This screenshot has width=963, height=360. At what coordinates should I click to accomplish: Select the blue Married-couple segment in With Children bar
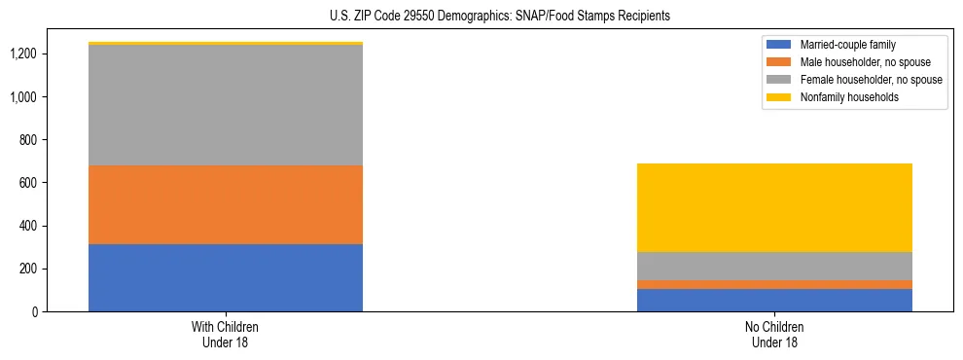click(x=226, y=277)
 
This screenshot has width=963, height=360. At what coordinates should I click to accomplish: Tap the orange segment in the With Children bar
click(x=226, y=204)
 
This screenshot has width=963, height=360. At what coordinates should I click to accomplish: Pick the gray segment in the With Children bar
click(x=226, y=105)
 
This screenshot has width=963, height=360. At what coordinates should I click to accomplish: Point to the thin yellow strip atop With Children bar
click(x=226, y=43)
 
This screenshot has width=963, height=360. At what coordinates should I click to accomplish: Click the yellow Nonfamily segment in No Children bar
click(x=774, y=207)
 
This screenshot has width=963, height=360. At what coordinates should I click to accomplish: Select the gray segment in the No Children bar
click(x=774, y=266)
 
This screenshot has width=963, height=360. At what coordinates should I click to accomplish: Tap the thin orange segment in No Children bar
click(x=774, y=284)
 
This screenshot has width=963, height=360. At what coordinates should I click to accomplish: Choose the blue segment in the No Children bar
click(x=774, y=300)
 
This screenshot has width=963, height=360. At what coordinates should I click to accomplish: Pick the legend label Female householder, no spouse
click(x=870, y=80)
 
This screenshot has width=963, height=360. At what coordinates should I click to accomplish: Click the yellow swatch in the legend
click(x=779, y=97)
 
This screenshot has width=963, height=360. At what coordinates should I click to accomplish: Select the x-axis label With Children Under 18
click(x=226, y=334)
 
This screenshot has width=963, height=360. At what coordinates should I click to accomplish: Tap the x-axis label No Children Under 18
click(x=774, y=334)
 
